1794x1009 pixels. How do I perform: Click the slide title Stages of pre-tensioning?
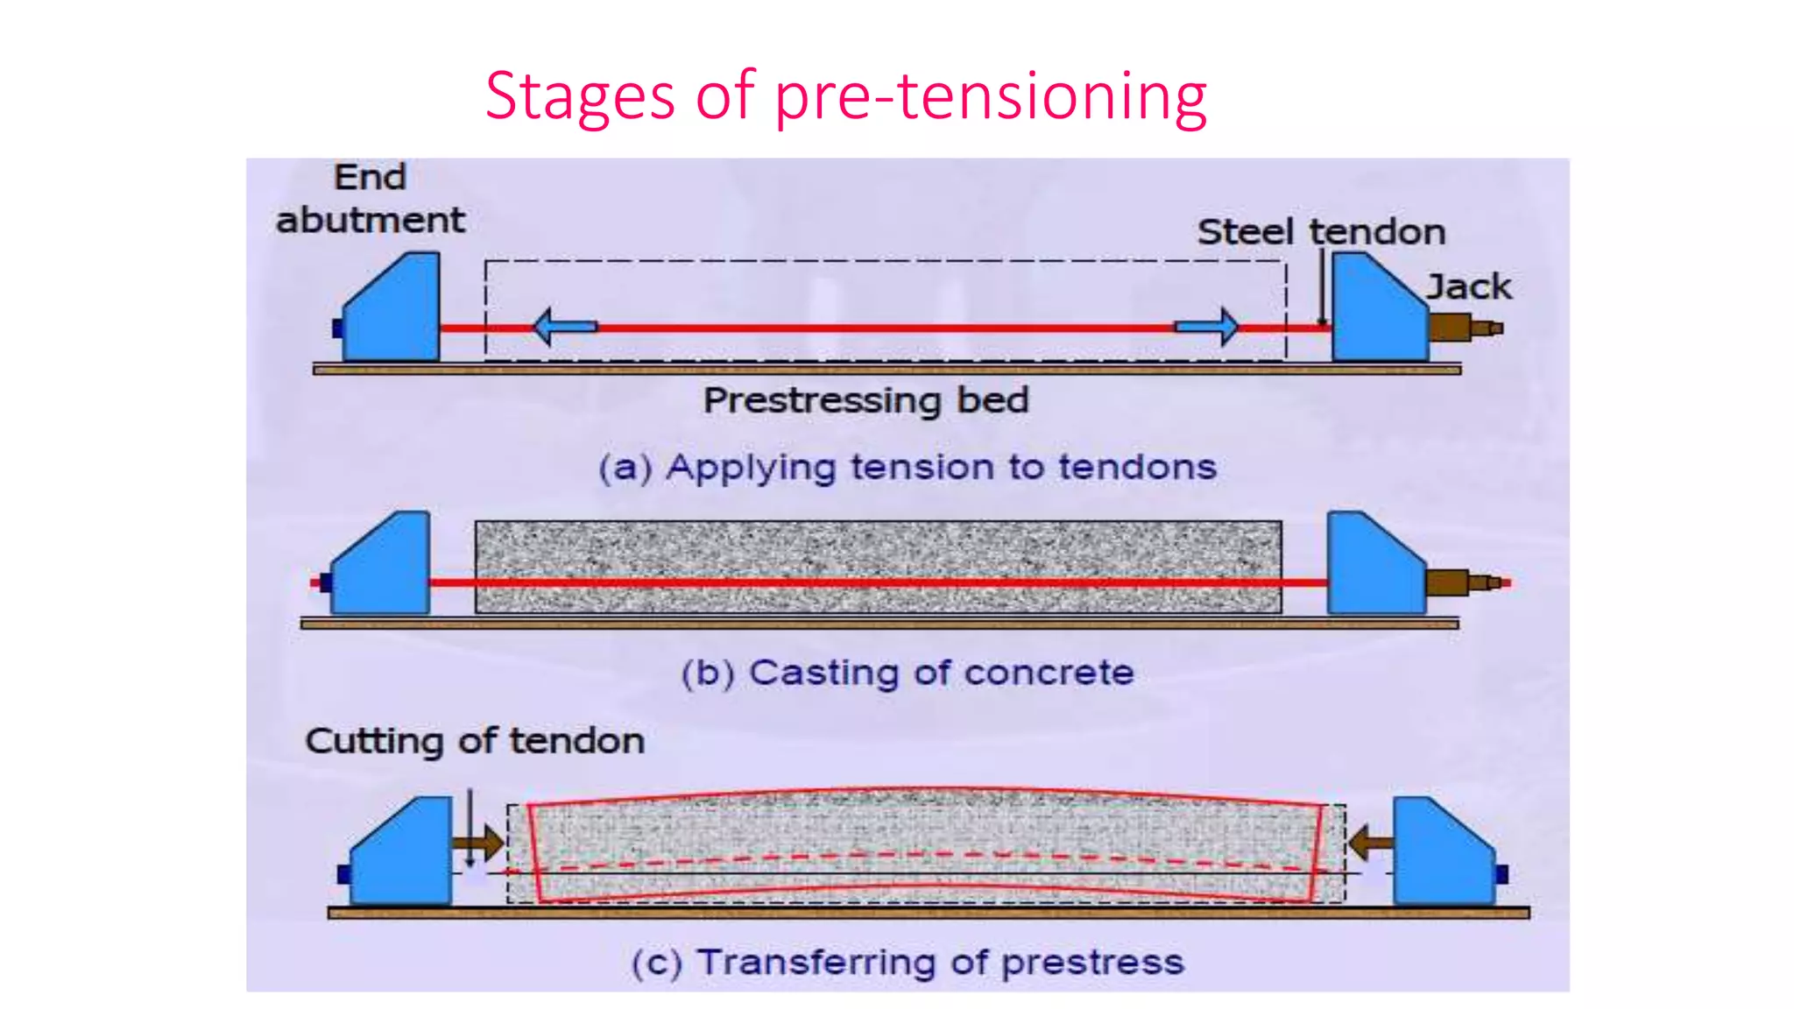845,95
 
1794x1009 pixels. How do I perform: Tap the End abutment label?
371,200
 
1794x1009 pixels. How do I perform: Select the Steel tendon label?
1321,232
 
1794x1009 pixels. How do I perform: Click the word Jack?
1469,287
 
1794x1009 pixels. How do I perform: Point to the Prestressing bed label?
865,400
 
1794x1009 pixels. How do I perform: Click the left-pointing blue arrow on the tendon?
564,327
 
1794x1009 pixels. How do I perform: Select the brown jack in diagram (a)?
1463,328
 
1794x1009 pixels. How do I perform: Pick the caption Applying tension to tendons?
907,467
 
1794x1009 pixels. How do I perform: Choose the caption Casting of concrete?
908,673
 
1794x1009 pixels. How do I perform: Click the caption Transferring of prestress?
908,962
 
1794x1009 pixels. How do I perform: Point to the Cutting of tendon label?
475,741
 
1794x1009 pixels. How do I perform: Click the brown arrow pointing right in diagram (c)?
478,843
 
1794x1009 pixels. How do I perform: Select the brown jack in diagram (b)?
1459,582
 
